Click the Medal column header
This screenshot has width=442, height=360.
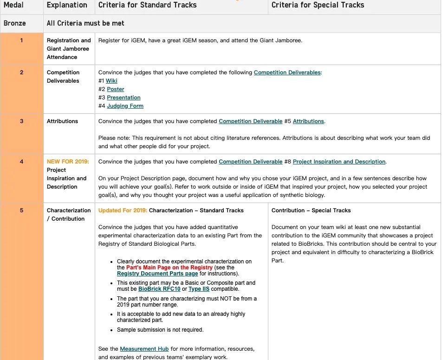pos(13,5)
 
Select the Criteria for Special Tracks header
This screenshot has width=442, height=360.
pos(318,5)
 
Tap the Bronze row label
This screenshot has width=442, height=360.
pos(15,23)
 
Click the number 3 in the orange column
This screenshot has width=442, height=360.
pos(21,121)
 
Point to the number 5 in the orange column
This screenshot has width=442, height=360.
pos(21,210)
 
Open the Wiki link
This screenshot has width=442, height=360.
pos(111,81)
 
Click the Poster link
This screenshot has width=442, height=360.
pos(116,89)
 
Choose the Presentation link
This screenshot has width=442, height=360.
pos(123,98)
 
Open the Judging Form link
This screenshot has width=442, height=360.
pos(125,106)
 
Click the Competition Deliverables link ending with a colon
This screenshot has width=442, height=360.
pos(287,72)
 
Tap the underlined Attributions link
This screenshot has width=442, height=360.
pos(308,121)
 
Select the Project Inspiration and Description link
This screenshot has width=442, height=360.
pos(339,162)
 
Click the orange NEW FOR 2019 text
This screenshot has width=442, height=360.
pos(68,162)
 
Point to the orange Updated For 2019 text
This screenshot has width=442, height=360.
pos(123,210)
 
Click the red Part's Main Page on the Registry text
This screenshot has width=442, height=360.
pos(169,268)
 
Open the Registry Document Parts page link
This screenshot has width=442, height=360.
pos(157,274)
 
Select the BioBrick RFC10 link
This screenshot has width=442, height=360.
pos(159,289)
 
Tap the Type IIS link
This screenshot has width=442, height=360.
pos(199,289)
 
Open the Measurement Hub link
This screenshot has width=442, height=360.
pos(144,349)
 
